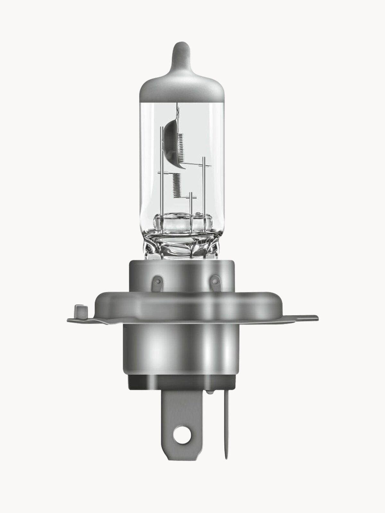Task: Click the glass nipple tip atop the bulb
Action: [x=180, y=51]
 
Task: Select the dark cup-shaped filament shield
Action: [x=171, y=141]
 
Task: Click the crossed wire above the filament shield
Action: [x=177, y=111]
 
